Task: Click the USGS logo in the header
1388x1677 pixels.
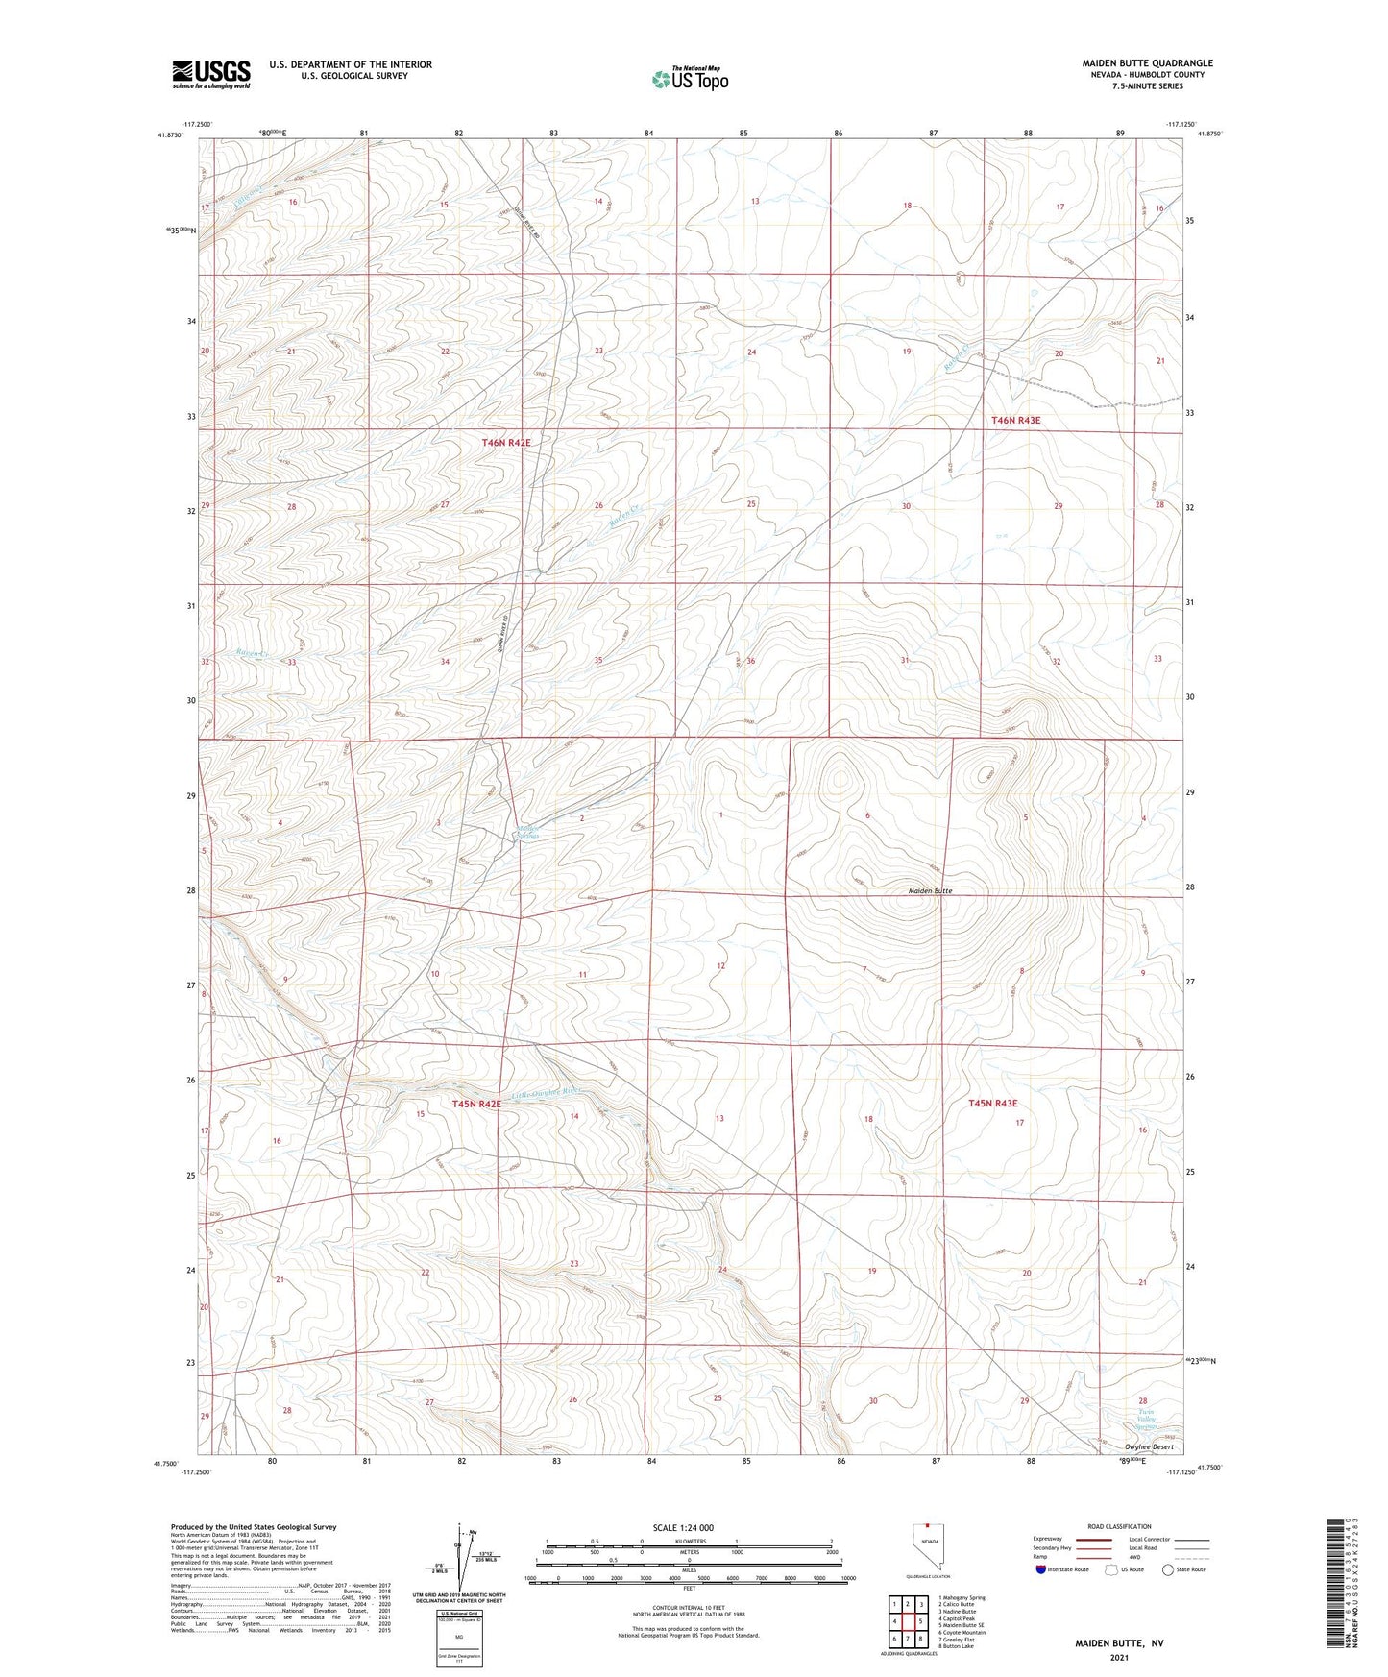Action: click(x=211, y=73)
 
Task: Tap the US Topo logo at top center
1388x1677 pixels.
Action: click(x=689, y=80)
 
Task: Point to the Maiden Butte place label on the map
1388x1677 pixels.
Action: click(x=930, y=891)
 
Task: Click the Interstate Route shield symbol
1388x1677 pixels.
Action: click(x=1040, y=1569)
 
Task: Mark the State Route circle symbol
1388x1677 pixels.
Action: click(x=1168, y=1569)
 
